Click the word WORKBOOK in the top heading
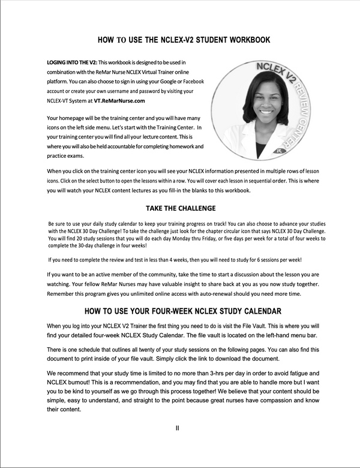[244, 40]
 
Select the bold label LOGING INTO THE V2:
[71, 62]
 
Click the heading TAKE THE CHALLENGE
[179, 209]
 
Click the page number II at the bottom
[178, 428]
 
